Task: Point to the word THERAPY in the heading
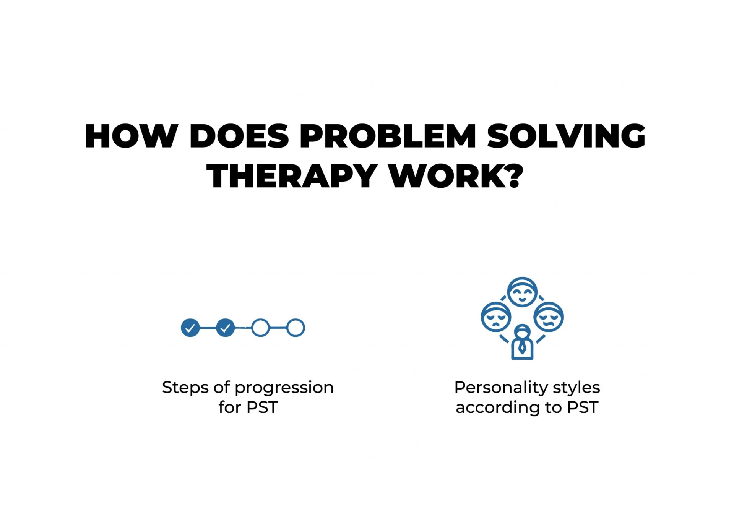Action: click(292, 176)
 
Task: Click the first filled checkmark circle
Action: click(190, 328)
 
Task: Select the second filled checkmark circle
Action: click(225, 328)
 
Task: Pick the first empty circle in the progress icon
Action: click(261, 328)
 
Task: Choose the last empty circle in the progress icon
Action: click(296, 328)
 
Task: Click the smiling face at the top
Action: click(522, 292)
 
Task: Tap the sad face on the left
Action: click(496, 317)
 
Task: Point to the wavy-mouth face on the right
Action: click(549, 317)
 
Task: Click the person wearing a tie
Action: click(522, 342)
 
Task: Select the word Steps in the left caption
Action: click(185, 388)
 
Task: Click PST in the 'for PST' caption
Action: click(262, 407)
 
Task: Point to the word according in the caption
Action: click(498, 408)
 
